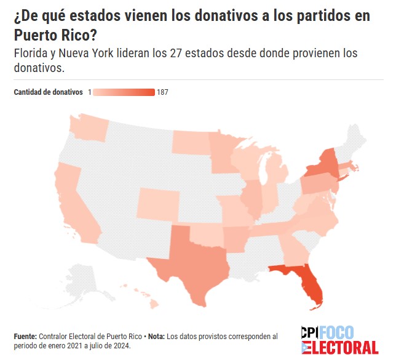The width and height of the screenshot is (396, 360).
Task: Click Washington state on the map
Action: point(89,126)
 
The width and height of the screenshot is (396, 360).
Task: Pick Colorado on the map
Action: point(157,203)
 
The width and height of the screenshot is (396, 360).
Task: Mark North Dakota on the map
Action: point(190,142)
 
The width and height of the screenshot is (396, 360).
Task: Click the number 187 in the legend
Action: point(162,92)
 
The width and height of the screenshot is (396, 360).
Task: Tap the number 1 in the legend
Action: point(90,92)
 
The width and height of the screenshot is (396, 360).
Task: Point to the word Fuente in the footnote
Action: point(25,337)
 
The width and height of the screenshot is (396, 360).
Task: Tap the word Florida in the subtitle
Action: point(33,54)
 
